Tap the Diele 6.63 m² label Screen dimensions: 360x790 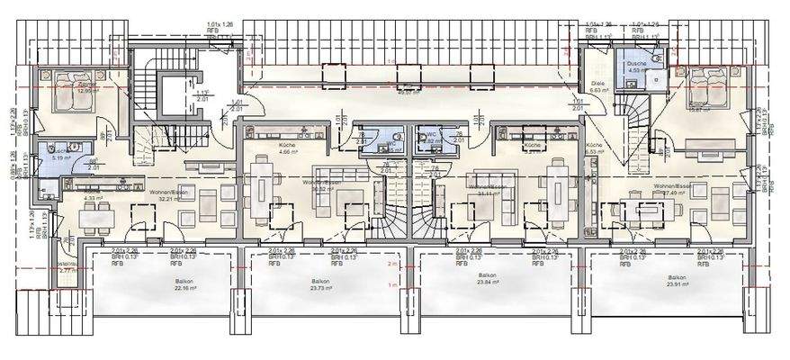597,88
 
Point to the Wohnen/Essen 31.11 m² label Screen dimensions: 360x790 488,191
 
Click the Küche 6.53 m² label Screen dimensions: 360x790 595,148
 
